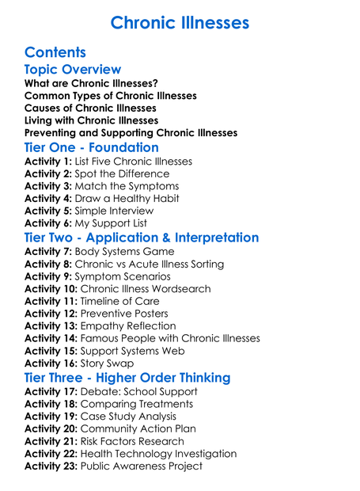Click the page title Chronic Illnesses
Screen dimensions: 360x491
pos(180,22)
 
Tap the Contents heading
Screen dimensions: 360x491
pos(55,52)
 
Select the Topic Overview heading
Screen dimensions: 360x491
pos(73,70)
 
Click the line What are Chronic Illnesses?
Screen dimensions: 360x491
pos(91,83)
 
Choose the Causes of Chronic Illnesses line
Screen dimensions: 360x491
pos(90,108)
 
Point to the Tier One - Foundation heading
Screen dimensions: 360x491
pos(92,147)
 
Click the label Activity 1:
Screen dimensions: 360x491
pos(48,162)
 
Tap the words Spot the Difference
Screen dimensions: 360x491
pos(122,173)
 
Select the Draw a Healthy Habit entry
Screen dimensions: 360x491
pos(127,198)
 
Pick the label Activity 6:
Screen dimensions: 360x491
pos(48,223)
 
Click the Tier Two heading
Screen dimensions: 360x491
pos(142,238)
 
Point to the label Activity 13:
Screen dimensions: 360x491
pos(51,325)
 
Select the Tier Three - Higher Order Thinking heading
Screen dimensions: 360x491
pos(127,377)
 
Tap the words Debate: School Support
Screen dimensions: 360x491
pos(139,391)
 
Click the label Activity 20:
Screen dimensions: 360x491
pos(51,428)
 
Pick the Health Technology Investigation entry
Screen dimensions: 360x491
pos(158,453)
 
